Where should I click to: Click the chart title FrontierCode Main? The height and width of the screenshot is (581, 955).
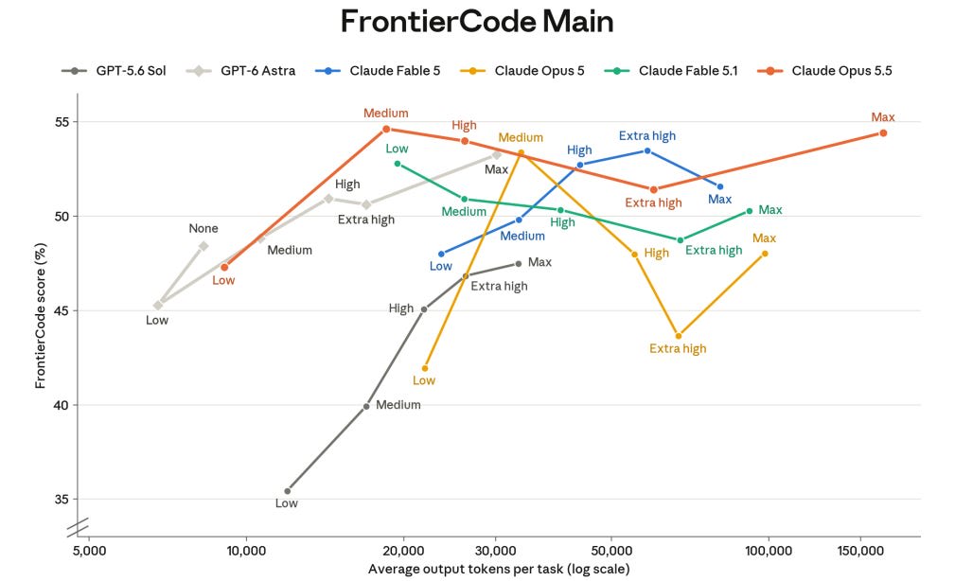point(477,22)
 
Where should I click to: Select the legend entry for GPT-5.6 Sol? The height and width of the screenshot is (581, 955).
point(114,71)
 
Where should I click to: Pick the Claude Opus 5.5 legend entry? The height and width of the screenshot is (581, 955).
point(824,71)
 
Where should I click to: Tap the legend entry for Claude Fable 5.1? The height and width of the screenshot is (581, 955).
point(670,71)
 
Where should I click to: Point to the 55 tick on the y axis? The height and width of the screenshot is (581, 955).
point(62,122)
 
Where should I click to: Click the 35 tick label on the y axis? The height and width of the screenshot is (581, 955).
point(62,500)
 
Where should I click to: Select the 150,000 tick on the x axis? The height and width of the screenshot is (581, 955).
point(860,551)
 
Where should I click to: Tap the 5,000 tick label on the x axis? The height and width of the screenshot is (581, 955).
point(89,551)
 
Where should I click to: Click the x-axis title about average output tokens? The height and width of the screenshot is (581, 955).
point(499,569)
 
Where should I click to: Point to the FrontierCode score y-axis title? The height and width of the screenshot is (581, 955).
point(40,315)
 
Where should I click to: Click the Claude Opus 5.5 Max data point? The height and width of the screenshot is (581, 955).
point(883,132)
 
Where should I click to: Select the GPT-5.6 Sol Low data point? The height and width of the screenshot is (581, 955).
point(288,491)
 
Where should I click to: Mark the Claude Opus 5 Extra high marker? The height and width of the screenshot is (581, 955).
point(679,336)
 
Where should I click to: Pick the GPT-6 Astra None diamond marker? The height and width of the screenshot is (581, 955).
point(203,246)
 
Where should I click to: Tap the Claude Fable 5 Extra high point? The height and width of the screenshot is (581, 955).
point(647,150)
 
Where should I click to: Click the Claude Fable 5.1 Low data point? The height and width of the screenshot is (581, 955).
point(398,164)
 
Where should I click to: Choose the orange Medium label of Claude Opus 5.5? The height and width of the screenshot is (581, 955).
point(385,114)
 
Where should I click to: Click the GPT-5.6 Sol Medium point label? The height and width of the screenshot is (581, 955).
point(398,405)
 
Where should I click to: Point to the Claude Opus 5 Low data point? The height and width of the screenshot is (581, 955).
point(425,368)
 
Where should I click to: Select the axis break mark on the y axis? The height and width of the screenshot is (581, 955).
point(78,527)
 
